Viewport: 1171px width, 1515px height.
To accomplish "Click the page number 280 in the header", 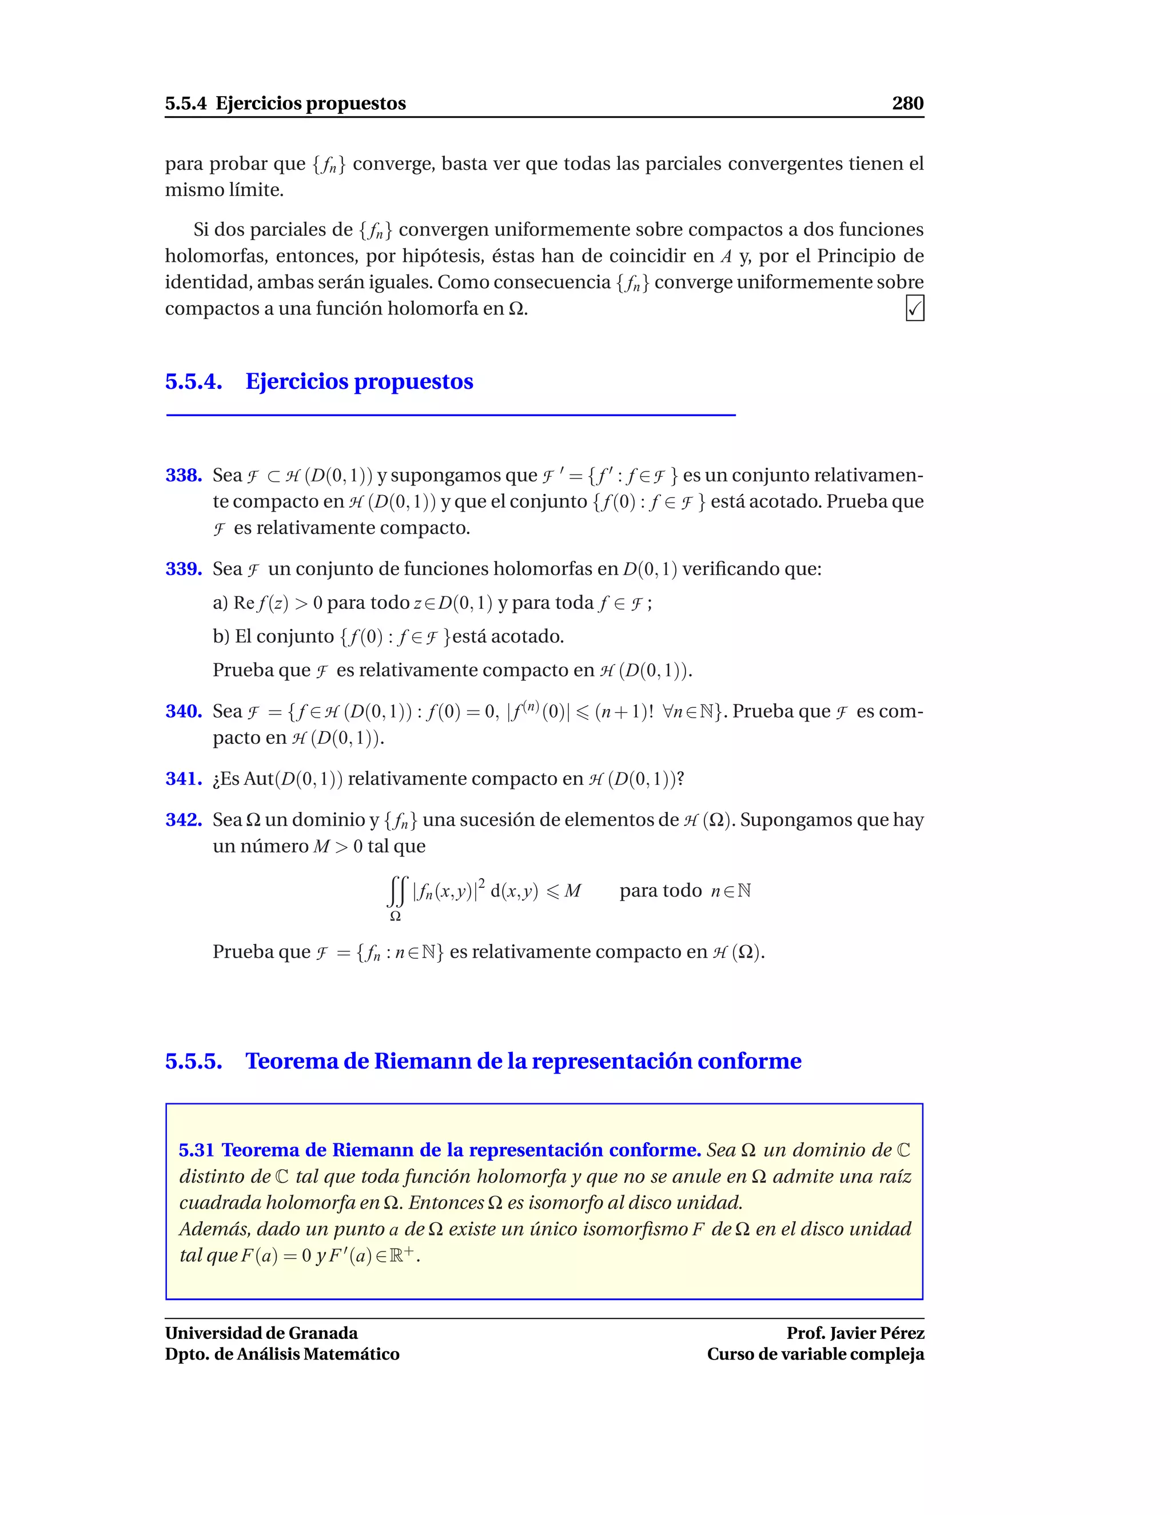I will click(907, 103).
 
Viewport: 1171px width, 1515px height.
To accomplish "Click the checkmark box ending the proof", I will click(914, 308).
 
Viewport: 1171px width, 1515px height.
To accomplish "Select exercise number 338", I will click(183, 475).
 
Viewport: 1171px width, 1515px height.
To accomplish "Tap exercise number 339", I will click(183, 569).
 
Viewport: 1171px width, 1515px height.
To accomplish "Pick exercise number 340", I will click(183, 711).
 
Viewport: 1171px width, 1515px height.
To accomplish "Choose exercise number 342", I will click(183, 820).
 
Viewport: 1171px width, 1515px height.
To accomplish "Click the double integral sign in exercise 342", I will click(396, 891).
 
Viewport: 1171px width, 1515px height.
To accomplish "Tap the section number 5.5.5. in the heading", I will click(194, 1061).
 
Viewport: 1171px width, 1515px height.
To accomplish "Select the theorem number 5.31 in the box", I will click(196, 1150).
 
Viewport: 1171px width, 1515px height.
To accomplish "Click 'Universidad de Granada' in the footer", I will click(261, 1333).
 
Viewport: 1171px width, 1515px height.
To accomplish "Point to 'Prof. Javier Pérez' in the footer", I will click(855, 1333).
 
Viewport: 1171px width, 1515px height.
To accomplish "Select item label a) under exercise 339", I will click(220, 603).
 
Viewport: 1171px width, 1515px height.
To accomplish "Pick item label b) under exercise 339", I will click(221, 637).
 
